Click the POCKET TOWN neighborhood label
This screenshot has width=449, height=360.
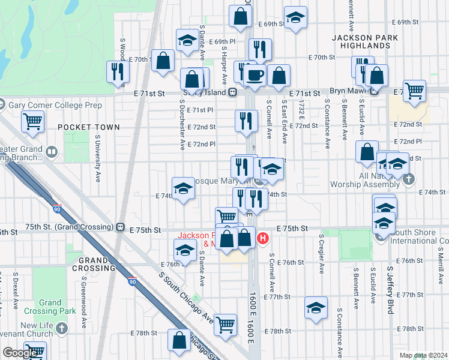coord(89,127)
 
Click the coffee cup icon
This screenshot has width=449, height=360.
coord(254,76)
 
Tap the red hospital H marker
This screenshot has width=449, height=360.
coord(262,239)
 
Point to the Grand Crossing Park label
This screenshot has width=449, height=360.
coord(50,307)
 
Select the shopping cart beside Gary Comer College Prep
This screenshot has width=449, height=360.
coord(33,121)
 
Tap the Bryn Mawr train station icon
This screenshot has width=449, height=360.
coord(374,92)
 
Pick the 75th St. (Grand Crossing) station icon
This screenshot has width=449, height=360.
coord(120,228)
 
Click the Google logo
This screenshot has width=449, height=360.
coord(20,353)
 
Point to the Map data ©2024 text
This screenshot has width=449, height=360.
coord(423,355)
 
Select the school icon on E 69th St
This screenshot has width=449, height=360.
coord(295,18)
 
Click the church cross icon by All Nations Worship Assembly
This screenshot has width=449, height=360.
coord(408,179)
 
